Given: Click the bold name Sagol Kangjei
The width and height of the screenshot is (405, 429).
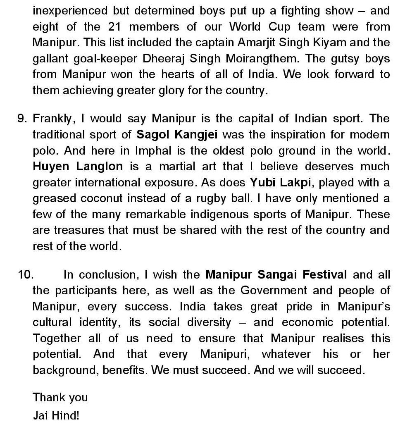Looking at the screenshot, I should pyautogui.click(x=177, y=135).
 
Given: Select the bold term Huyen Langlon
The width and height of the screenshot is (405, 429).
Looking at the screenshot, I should pyautogui.click(x=78, y=167).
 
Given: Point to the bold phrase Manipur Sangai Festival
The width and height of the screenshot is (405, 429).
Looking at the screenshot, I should pyautogui.click(x=276, y=275).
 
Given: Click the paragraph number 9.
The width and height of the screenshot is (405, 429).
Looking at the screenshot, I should pyautogui.click(x=22, y=119).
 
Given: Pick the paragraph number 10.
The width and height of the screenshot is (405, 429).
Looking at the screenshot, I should pyautogui.click(x=25, y=275).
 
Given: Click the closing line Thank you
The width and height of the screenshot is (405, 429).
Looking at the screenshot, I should pyautogui.click(x=60, y=398).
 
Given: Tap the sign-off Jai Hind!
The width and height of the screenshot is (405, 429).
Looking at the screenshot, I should pyautogui.click(x=56, y=415).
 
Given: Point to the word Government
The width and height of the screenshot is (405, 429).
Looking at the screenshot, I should pyautogui.click(x=274, y=291).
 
